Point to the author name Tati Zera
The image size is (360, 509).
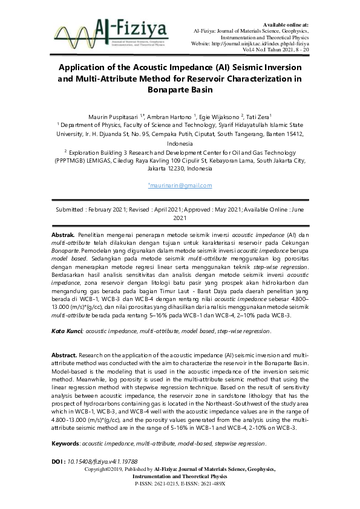click(258, 116)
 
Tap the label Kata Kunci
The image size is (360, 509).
click(66, 331)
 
